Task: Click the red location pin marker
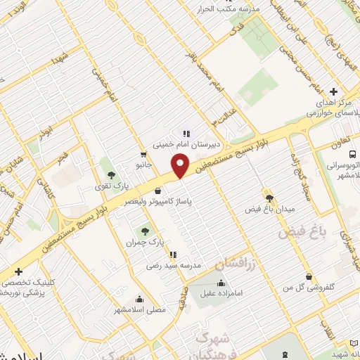[x=181, y=166]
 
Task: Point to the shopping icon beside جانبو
[x=143, y=154]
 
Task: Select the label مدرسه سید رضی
[x=173, y=266]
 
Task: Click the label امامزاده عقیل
[x=222, y=294]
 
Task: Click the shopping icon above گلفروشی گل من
[x=307, y=276]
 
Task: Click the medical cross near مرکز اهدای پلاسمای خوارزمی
[x=333, y=91]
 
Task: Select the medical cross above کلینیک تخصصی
[x=19, y=271]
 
